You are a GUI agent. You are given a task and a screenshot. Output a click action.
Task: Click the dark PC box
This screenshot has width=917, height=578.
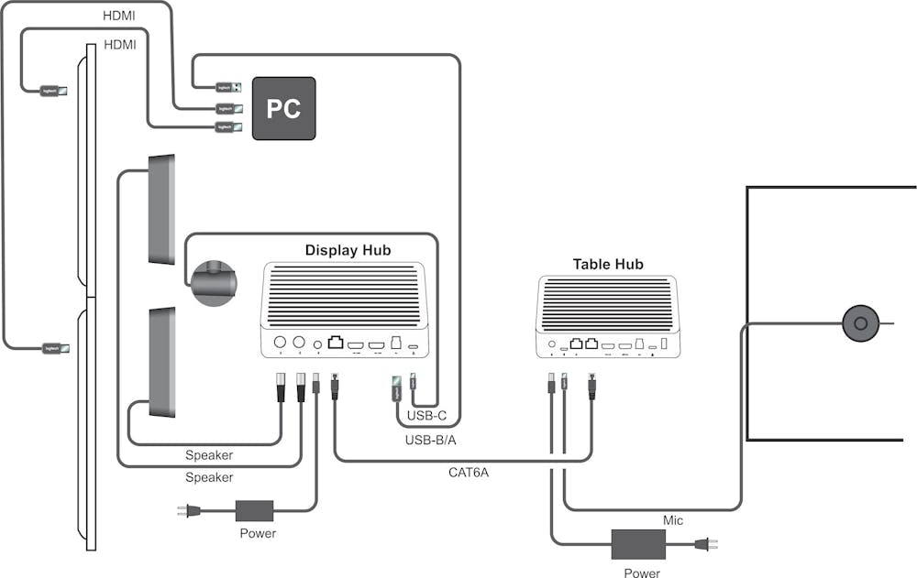point(283,108)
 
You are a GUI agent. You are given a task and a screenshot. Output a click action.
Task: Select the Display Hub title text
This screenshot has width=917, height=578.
point(348,250)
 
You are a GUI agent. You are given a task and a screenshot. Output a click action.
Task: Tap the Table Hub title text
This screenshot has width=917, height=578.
point(608,264)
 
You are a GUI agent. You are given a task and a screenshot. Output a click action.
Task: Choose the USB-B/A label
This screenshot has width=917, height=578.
point(430,441)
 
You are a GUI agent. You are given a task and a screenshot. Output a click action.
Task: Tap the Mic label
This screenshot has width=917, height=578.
point(673,520)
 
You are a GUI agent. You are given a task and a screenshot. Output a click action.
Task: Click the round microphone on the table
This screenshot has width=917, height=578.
point(860,323)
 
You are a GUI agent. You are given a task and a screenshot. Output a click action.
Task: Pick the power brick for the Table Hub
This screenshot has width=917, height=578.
point(638,544)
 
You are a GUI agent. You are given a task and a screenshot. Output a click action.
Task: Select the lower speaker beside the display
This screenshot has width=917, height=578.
point(161,363)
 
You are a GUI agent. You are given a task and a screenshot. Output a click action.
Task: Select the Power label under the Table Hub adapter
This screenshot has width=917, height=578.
point(641,573)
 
